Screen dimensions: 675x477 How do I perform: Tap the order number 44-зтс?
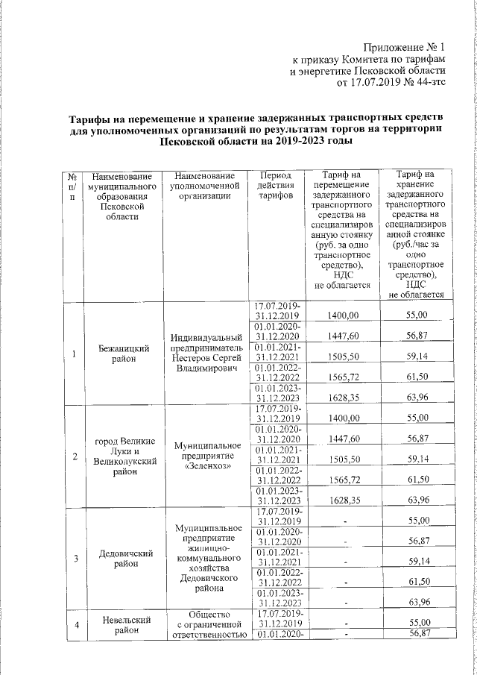[x=429, y=83]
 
